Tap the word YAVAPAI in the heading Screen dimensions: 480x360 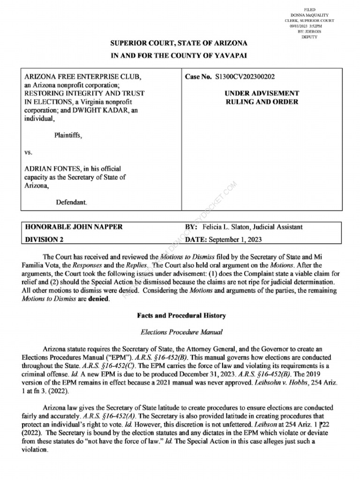pyautogui.click(x=229, y=55)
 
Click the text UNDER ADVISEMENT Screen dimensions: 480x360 pyautogui.click(x=262, y=93)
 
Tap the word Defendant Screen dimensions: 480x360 pyautogui.click(x=71, y=202)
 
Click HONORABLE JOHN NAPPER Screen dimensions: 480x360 pyautogui.click(x=74, y=227)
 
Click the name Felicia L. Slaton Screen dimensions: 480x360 pyautogui.click(x=226, y=227)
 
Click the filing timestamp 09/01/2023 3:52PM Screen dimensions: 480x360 pyautogui.click(x=307, y=26)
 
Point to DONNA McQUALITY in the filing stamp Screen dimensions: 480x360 pyautogui.click(x=310, y=15)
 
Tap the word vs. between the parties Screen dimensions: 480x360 pyautogui.click(x=29, y=152)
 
